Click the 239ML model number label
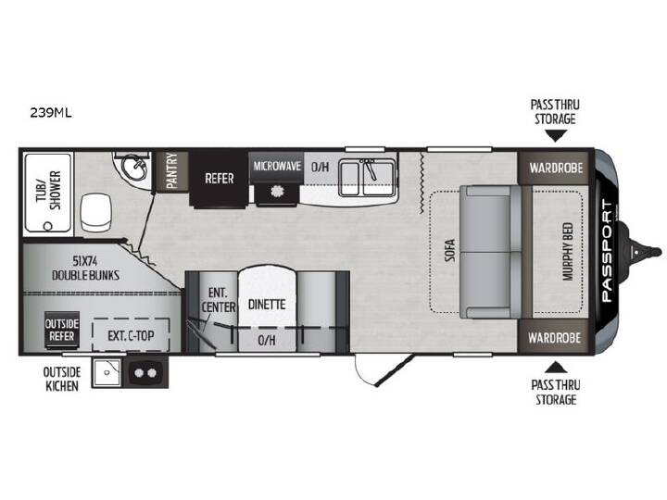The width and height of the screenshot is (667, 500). coord(51,113)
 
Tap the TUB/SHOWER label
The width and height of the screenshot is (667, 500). coord(48,191)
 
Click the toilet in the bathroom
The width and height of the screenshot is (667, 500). coord(95,212)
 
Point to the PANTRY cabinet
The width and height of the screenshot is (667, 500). coord(171,171)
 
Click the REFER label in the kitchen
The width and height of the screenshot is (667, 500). coord(219,179)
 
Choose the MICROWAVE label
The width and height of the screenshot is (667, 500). coord(277,166)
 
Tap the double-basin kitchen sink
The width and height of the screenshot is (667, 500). coord(367,177)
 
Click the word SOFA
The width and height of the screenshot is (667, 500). coord(450,250)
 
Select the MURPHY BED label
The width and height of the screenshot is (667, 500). coord(568,252)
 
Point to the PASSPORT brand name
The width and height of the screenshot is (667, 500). coord(608,251)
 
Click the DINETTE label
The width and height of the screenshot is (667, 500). coord(267,305)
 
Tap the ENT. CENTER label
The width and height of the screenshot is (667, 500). coord(219,300)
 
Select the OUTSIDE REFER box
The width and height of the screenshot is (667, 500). coord(62,330)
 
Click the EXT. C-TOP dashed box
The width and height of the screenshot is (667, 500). coord(131,335)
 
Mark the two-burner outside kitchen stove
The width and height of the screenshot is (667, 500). coord(145,373)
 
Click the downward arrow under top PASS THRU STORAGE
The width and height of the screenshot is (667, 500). coord(556,136)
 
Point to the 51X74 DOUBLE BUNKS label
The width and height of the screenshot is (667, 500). coord(85,268)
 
